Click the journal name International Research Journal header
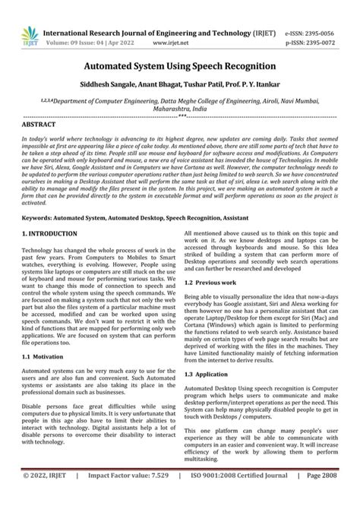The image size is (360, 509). click(x=137, y=33)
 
